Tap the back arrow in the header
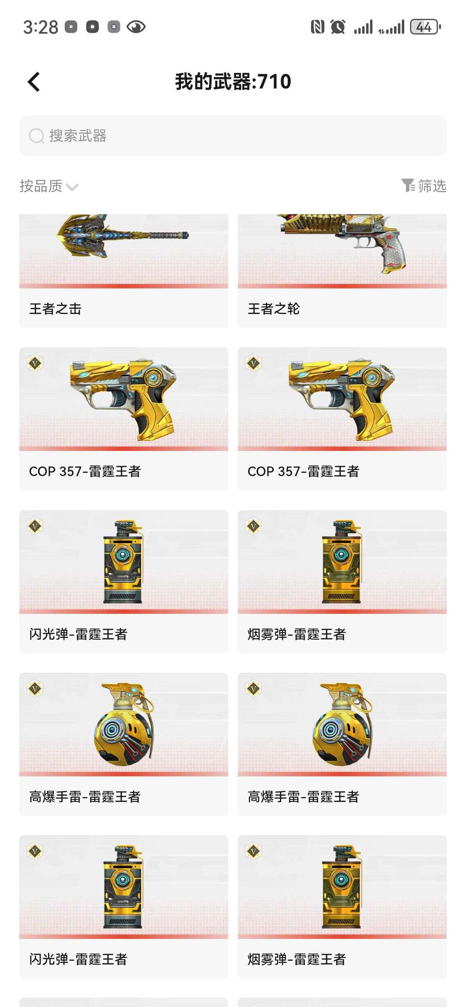pos(34,82)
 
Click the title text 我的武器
pos(213,82)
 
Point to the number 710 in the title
pos(274,82)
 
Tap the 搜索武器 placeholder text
pos(78,136)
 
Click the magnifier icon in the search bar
pos(37,136)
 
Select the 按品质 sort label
pos(41,186)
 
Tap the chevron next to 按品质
pos(72,187)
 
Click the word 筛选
pos(432,186)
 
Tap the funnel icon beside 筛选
pos(408,186)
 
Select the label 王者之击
pos(55,308)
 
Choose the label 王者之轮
pos(274,308)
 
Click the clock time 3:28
pos(41,27)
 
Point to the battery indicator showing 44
pos(425,27)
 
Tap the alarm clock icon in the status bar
pos(338,27)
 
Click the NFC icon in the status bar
pos(318,27)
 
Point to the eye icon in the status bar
pos(136,27)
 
